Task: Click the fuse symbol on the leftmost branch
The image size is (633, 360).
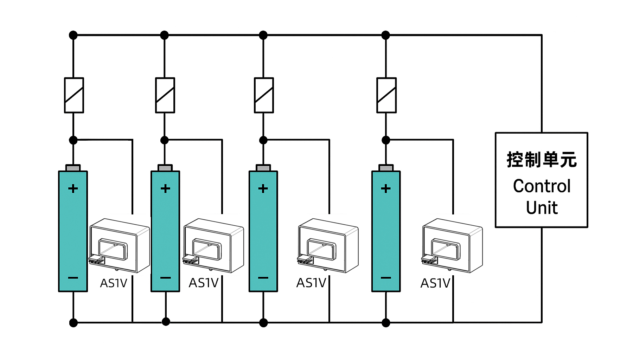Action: (74, 95)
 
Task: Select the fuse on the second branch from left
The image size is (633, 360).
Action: (165, 95)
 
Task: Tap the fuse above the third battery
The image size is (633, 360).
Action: (264, 95)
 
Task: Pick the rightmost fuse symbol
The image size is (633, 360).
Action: (386, 95)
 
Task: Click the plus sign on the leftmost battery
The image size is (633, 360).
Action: (73, 189)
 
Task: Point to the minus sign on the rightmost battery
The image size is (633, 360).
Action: (386, 278)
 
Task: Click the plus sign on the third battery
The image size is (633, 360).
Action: (263, 189)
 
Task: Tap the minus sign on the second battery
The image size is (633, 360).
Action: (165, 278)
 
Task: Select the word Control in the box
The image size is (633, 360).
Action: (542, 186)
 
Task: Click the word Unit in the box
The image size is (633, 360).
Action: (542, 208)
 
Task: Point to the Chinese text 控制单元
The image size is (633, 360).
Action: (542, 160)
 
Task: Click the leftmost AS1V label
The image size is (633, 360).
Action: (113, 283)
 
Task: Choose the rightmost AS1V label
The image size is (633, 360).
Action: (435, 283)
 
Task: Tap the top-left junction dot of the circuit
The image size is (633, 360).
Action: (73, 35)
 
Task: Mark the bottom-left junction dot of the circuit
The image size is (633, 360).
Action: (73, 323)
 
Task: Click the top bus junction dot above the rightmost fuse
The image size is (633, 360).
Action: (386, 35)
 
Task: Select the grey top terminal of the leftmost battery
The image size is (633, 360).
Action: (73, 168)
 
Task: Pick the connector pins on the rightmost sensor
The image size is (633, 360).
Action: (429, 261)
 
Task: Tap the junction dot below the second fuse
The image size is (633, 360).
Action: (165, 140)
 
